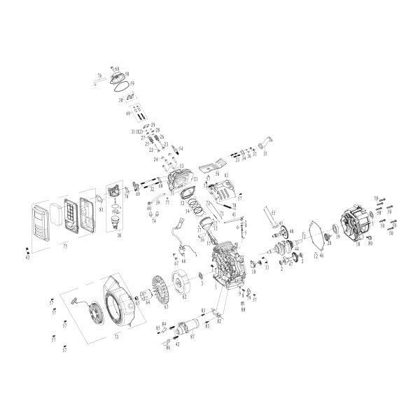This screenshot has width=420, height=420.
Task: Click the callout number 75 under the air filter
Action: [65, 246]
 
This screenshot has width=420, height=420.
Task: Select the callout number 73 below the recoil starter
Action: [117, 337]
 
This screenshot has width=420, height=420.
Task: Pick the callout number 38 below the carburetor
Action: [119, 236]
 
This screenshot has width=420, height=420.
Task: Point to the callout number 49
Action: [128, 113]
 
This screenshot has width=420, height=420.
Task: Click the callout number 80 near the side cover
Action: [369, 244]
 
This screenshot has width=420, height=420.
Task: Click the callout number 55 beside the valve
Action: [274, 212]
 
